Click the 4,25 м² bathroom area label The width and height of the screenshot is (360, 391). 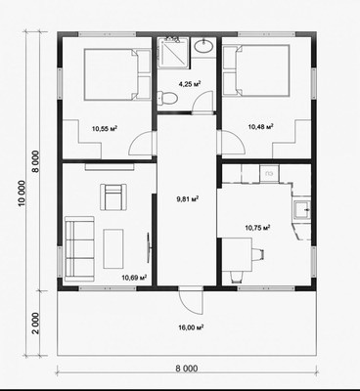pyautogui.click(x=190, y=84)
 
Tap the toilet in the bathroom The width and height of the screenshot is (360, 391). pyautogui.click(x=167, y=97)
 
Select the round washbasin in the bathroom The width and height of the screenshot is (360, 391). pyautogui.click(x=203, y=46)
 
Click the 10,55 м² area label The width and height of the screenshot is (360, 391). pyautogui.click(x=105, y=128)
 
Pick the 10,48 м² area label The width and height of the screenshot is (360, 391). pyautogui.click(x=260, y=126)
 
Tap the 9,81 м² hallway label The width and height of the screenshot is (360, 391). pyautogui.click(x=188, y=199)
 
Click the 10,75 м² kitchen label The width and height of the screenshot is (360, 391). pyautogui.click(x=257, y=228)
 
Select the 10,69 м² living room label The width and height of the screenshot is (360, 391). pyautogui.click(x=134, y=278)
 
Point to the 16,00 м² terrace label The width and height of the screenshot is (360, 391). pyautogui.click(x=191, y=327)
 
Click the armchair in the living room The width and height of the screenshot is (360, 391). pyautogui.click(x=113, y=196)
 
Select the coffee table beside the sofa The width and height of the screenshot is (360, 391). pyautogui.click(x=113, y=248)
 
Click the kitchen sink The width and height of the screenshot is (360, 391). pyautogui.click(x=302, y=210)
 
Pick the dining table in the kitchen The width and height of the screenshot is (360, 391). pyautogui.click(x=237, y=254)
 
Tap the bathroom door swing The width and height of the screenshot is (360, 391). pyautogui.click(x=202, y=102)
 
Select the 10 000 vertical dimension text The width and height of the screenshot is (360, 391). pyautogui.click(x=22, y=194)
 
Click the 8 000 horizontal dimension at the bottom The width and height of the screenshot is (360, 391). pyautogui.click(x=187, y=369)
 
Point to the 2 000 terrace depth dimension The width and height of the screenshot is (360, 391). pyautogui.click(x=36, y=324)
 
